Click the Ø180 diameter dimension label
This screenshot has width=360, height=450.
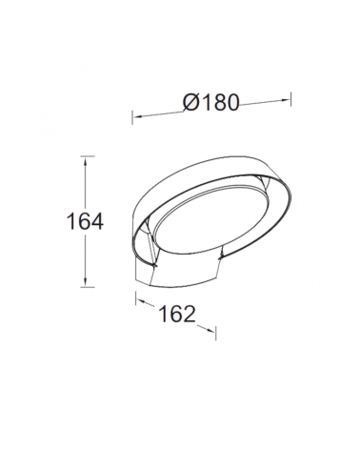click(x=210, y=102)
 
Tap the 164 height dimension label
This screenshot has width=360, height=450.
click(x=85, y=221)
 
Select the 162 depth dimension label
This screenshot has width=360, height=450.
click(x=177, y=314)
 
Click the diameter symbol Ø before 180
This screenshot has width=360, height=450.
click(x=190, y=102)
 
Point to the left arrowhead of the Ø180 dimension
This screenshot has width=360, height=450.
click(x=137, y=117)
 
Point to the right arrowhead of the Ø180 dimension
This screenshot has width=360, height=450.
click(x=286, y=100)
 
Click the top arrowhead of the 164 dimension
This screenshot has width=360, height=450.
click(x=85, y=161)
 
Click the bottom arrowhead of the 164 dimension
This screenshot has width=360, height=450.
click(x=85, y=282)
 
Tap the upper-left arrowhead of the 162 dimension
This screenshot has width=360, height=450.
click(x=140, y=301)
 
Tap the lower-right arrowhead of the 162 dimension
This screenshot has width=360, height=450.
click(x=211, y=331)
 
